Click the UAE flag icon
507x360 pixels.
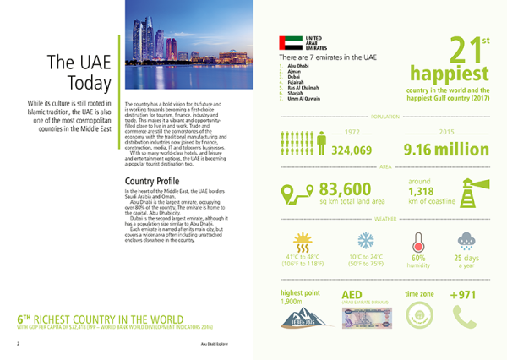(x=290, y=42)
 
